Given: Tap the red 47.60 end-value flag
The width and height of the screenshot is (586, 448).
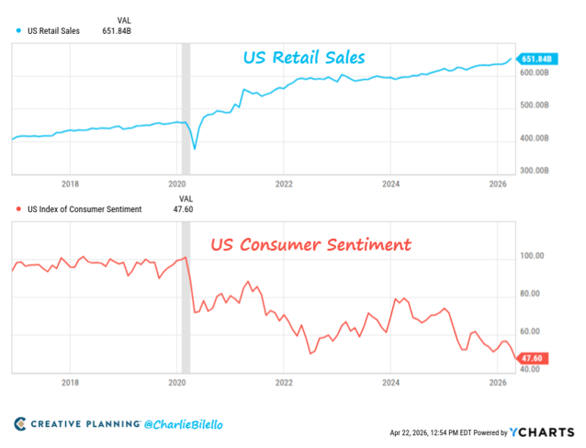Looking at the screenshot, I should tap(533, 358).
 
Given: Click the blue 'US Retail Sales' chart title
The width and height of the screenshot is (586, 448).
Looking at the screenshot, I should tap(304, 58).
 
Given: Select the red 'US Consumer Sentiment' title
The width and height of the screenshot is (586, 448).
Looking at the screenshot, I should tap(310, 245).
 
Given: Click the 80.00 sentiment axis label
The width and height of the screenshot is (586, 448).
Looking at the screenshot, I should tap(530, 294).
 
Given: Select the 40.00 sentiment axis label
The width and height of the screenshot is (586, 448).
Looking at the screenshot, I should tap(530, 369).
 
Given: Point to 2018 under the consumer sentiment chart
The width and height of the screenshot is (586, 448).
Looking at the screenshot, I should tap(71, 382).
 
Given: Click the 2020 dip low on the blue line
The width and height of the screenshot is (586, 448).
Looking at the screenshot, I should tap(194, 148).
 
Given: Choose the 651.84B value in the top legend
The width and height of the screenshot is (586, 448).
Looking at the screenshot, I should tap(124, 31).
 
